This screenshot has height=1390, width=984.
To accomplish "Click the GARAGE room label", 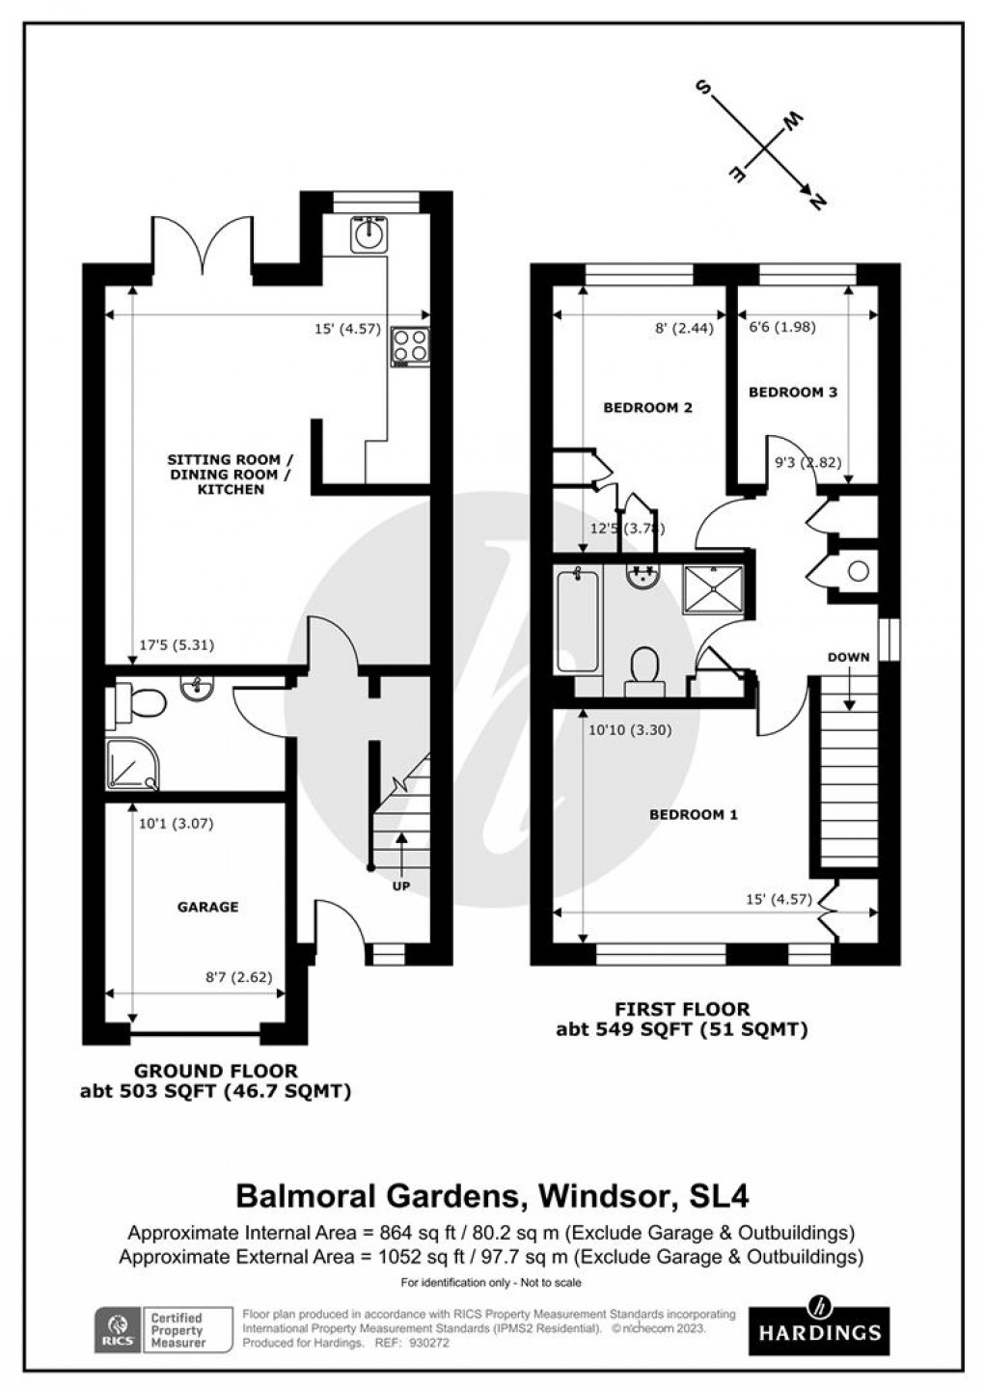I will (207, 907).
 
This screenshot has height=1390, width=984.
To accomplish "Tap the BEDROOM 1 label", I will (694, 814).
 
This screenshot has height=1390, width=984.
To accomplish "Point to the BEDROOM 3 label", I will (793, 392).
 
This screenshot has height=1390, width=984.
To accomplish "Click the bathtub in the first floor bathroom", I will (577, 619).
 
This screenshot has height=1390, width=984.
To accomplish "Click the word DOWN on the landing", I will (848, 657).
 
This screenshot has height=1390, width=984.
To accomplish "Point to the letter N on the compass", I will (819, 202).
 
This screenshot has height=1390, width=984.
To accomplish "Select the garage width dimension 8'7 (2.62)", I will (246, 976).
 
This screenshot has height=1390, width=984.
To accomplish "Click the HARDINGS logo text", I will (819, 1333).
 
